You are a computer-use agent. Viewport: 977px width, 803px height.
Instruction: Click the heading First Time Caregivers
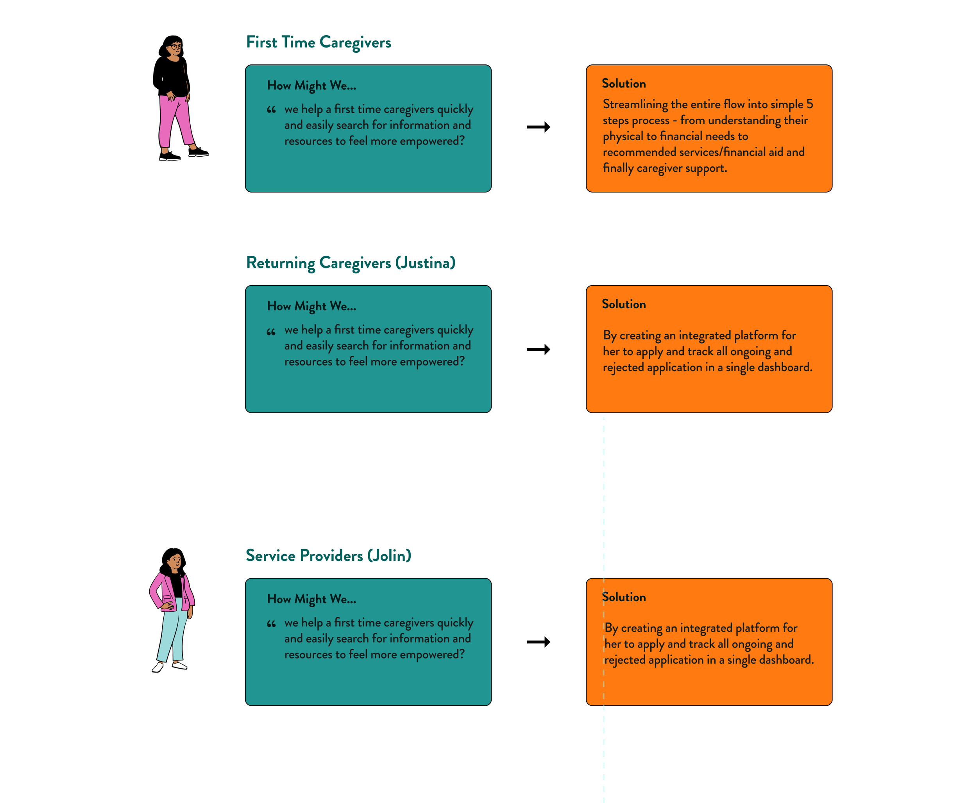coord(319,42)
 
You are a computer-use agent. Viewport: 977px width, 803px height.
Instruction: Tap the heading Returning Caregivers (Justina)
coord(350,263)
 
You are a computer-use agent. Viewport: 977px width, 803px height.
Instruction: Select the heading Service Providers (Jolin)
coord(328,555)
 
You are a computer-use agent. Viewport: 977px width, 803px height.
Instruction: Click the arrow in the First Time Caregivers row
coord(538,127)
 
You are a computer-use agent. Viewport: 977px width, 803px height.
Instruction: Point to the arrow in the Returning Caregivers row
coord(538,349)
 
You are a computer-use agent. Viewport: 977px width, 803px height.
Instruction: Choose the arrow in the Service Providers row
coord(538,642)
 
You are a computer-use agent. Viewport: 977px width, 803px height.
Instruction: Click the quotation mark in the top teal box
coord(271,110)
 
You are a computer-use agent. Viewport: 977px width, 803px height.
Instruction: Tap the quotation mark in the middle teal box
coord(271,332)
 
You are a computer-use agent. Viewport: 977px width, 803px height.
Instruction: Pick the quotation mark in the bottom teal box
coord(271,624)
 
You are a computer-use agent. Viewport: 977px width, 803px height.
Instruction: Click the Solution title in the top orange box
coord(623,84)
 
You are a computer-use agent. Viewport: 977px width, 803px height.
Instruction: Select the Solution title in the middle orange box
coord(623,304)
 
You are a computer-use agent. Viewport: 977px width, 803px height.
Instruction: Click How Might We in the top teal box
coord(311,86)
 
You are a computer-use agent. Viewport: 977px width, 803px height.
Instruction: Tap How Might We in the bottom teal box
coord(311,599)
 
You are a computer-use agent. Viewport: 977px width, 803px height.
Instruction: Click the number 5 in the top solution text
coord(809,104)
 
